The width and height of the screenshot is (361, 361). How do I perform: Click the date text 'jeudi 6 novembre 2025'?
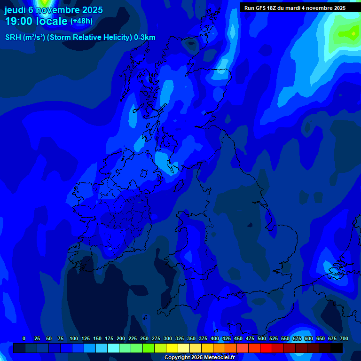[54, 10]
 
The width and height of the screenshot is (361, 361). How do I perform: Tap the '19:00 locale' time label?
[36, 21]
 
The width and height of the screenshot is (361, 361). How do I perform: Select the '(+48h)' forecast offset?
[81, 21]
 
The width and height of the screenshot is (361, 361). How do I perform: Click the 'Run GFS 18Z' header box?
[295, 8]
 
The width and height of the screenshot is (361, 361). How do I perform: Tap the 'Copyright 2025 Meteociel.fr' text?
[199, 357]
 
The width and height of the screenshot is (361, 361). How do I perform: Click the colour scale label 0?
[24, 338]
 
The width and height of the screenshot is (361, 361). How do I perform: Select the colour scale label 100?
[74, 338]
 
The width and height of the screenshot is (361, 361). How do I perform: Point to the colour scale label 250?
[144, 338]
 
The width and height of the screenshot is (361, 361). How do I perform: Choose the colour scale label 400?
[215, 338]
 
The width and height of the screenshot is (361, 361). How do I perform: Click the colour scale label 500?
[262, 338]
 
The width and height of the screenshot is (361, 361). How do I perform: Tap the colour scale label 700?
[344, 338]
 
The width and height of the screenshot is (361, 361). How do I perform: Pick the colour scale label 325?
[180, 338]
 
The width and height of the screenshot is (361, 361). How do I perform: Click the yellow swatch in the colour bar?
[172, 348]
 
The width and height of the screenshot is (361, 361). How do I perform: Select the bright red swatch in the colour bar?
[266, 348]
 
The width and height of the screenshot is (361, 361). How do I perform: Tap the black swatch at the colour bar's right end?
[337, 348]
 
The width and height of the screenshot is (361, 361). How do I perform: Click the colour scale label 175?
[109, 338]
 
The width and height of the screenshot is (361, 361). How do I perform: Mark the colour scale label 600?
[309, 338]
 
